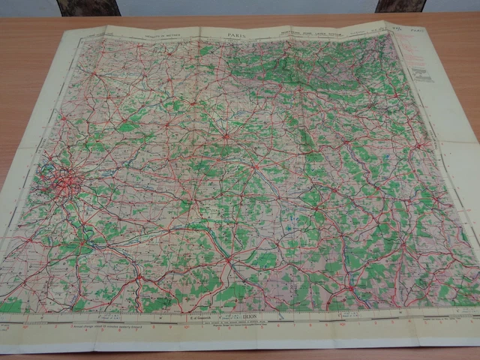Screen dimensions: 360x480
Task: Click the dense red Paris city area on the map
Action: (x=66, y=181)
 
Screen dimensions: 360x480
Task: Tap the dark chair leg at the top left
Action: (x=88, y=7)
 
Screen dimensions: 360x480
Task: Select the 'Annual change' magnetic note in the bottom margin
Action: (x=105, y=327)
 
